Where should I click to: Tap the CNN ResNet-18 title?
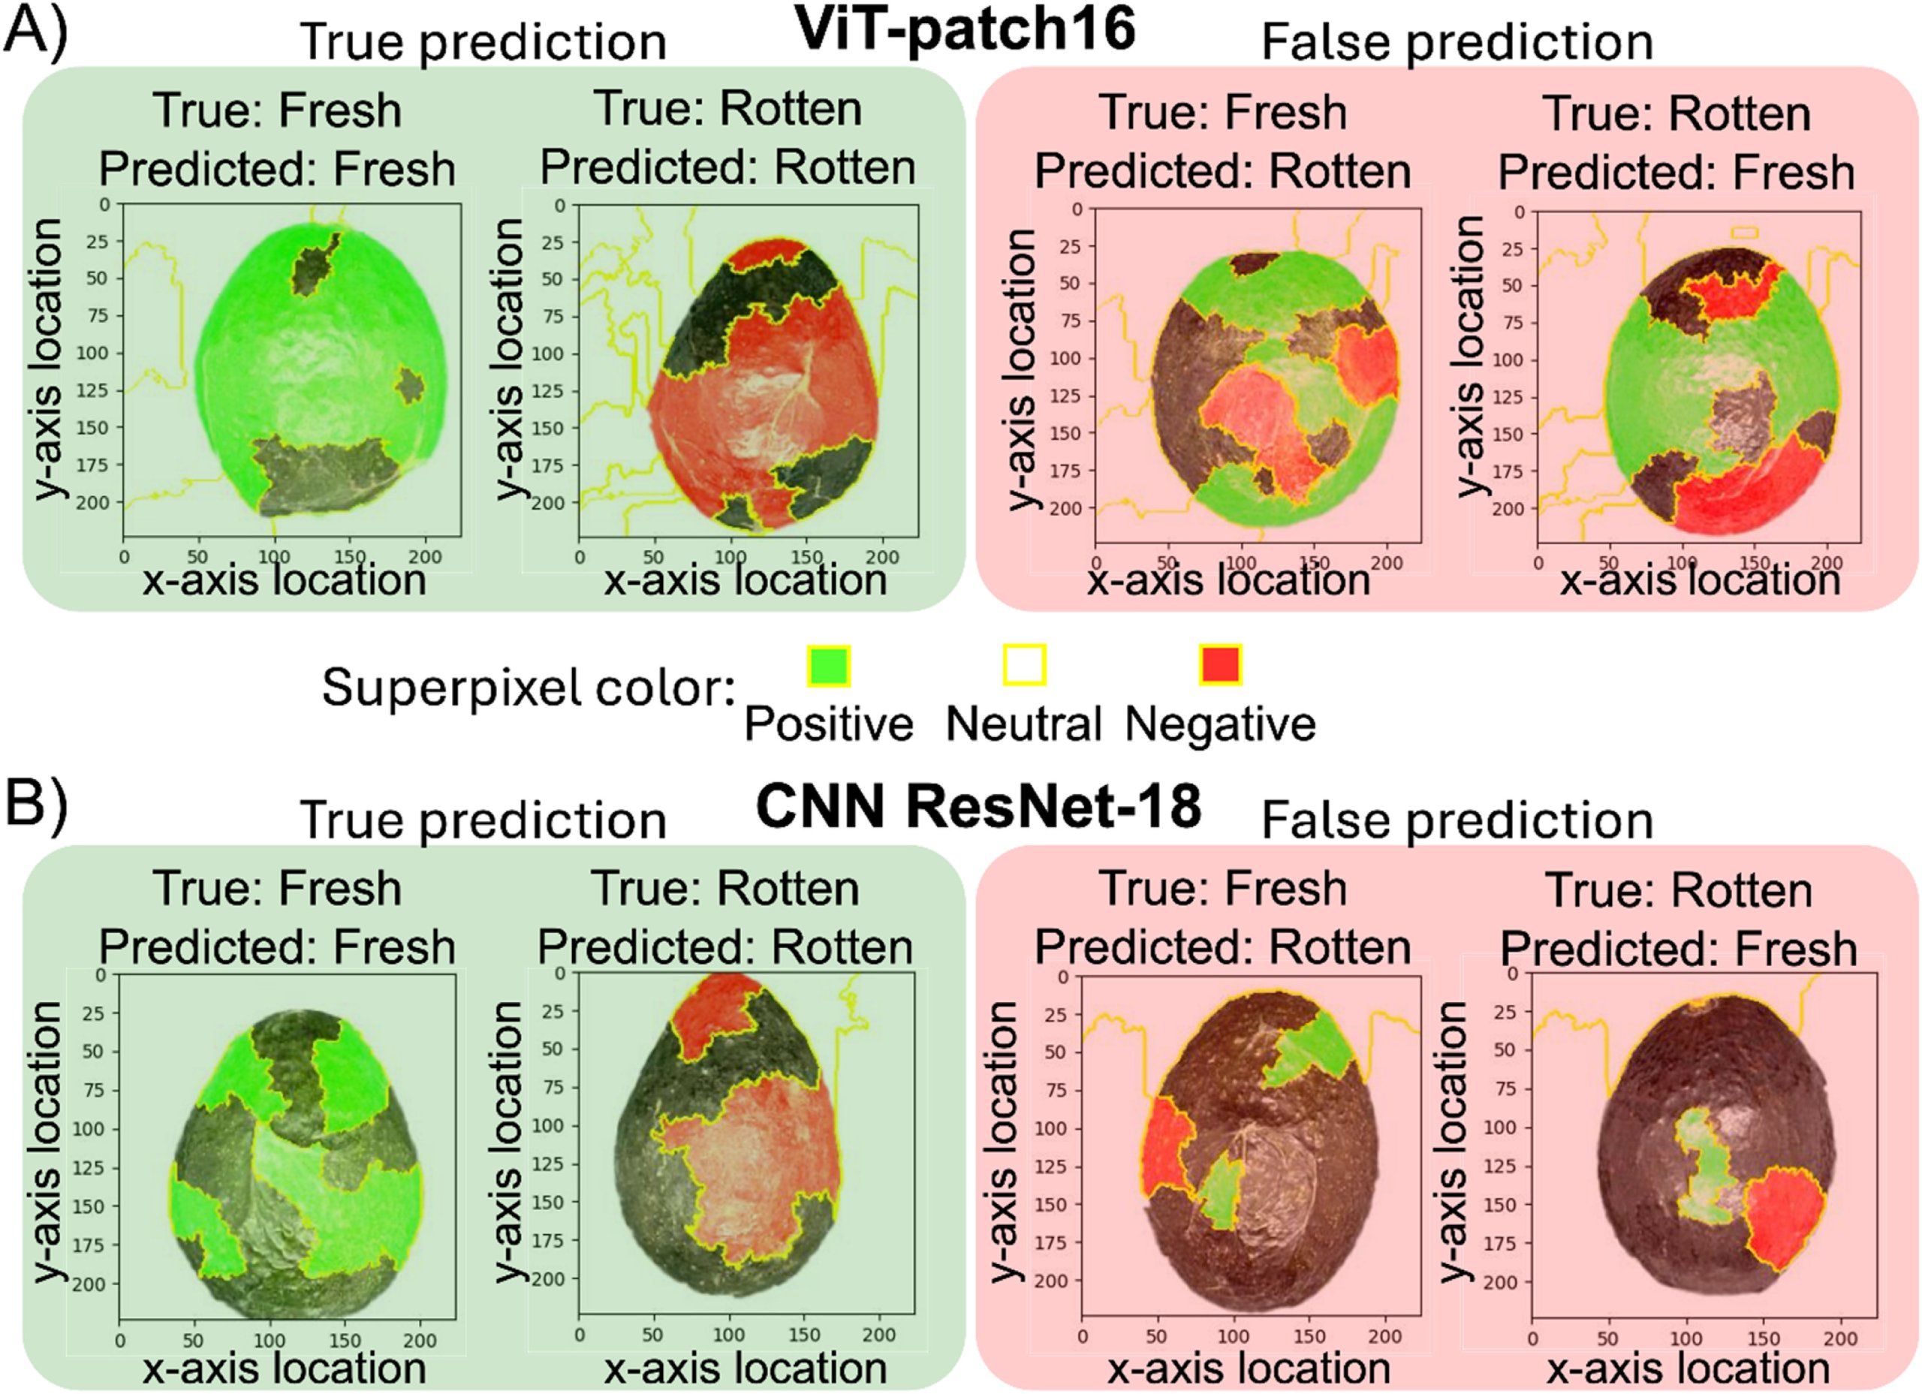[x=978, y=808]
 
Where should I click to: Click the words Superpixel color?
[x=527, y=689]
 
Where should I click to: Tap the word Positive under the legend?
[x=828, y=724]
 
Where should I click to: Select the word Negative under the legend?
[x=1219, y=724]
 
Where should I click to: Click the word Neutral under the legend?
[x=1024, y=724]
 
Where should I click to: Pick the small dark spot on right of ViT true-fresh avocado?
[x=412, y=385]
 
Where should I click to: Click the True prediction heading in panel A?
[x=483, y=42]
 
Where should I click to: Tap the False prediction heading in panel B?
[x=1457, y=820]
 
